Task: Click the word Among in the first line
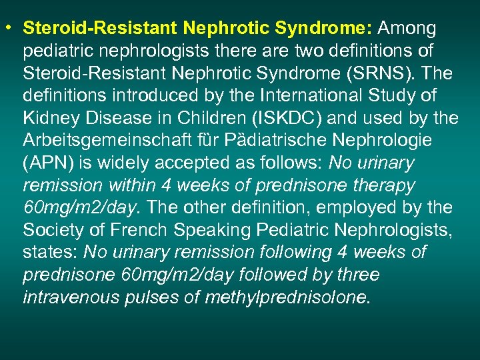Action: pyautogui.click(x=407, y=29)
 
